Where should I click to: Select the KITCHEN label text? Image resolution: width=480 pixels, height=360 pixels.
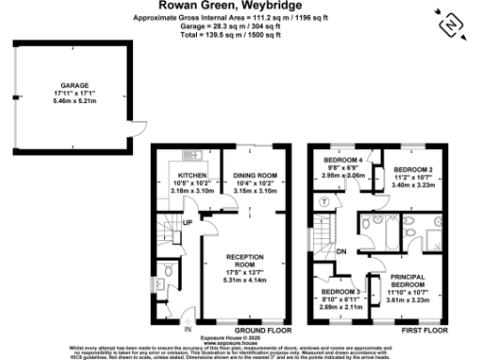[192, 174]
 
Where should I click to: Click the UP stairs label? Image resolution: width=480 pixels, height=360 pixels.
[187, 222]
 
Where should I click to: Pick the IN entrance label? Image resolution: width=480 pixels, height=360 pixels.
[187, 329]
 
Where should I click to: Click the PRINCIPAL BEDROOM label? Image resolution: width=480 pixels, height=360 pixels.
[408, 281]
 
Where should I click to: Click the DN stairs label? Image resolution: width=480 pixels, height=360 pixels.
[342, 251]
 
